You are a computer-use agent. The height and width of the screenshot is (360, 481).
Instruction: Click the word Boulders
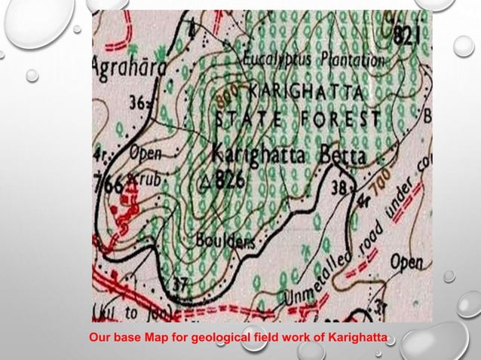(225, 241)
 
